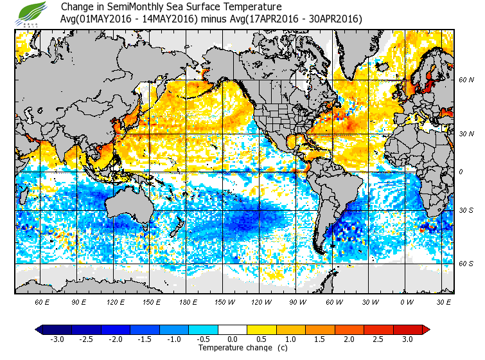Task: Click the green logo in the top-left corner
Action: pos(32,13)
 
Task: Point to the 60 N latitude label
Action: pos(466,80)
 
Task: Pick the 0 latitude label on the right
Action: pos(461,172)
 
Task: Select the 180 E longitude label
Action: pos(188,302)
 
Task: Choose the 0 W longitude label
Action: pos(407,302)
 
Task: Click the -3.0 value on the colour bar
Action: pos(57,339)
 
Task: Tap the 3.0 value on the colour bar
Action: pos(407,339)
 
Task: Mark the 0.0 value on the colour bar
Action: pos(233,339)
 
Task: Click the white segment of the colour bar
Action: pos(233,330)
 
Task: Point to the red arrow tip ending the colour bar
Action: pos(426,330)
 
